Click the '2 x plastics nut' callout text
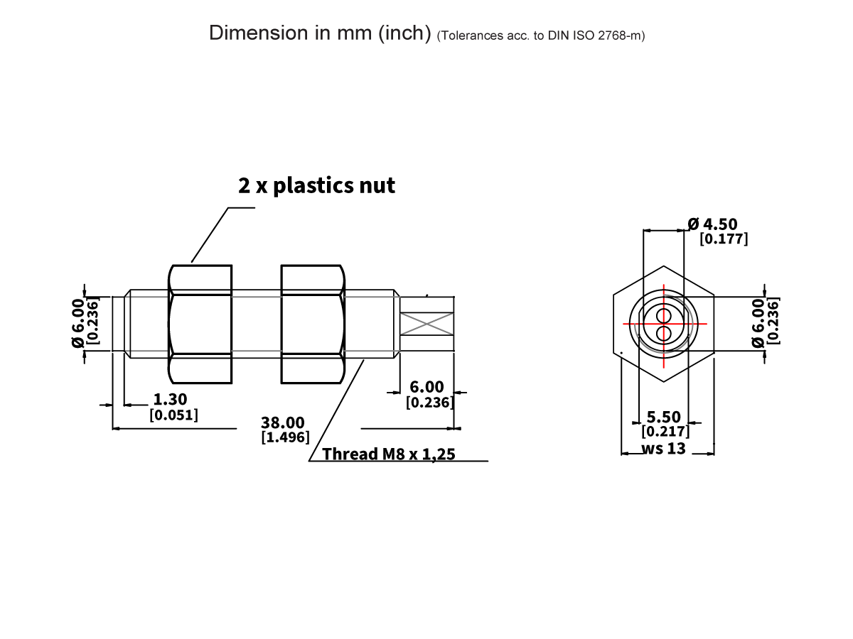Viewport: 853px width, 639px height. pyautogui.click(x=316, y=186)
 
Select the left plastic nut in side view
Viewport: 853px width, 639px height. pyautogui.click(x=200, y=324)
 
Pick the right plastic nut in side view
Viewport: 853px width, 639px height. pyautogui.click(x=313, y=324)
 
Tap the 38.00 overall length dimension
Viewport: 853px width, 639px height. pyautogui.click(x=284, y=424)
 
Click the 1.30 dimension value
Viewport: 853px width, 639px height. pyautogui.click(x=171, y=400)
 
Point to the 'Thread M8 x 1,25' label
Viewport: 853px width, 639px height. pyautogui.click(x=388, y=454)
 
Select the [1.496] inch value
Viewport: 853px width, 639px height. pyautogui.click(x=286, y=437)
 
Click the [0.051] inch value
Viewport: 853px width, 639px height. pyautogui.click(x=173, y=415)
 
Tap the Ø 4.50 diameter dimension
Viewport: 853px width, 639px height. pyautogui.click(x=713, y=225)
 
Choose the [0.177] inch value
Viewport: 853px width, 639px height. pyautogui.click(x=724, y=239)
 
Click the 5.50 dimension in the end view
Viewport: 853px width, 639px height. pyautogui.click(x=663, y=417)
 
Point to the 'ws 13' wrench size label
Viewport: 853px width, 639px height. pyautogui.click(x=663, y=449)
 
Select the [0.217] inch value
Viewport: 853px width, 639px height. pyautogui.click(x=665, y=432)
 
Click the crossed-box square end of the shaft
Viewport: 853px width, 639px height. pyautogui.click(x=426, y=324)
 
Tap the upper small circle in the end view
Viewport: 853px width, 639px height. pyautogui.click(x=664, y=315)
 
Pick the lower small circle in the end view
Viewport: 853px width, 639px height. pyautogui.click(x=664, y=332)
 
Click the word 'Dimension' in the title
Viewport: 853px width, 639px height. pyautogui.click(x=250, y=33)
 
